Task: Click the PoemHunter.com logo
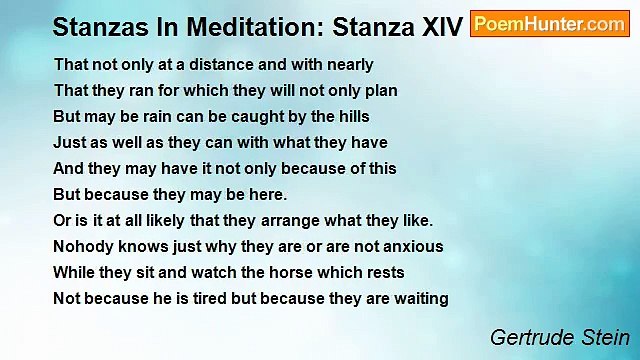(549, 25)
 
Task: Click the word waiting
(420, 298)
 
